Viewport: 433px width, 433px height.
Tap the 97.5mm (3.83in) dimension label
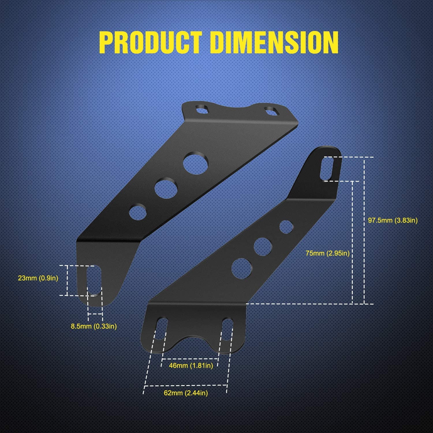[x=393, y=220]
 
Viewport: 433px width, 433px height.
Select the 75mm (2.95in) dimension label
[x=328, y=253]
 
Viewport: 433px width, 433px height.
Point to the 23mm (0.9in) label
[x=38, y=278]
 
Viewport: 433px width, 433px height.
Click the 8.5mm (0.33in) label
[x=94, y=326]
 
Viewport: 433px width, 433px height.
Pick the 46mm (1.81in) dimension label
[x=191, y=365]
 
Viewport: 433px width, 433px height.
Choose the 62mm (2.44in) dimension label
[x=186, y=393]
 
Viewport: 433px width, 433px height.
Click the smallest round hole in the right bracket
[x=286, y=227]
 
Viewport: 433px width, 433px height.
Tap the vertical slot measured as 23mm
[x=94, y=280]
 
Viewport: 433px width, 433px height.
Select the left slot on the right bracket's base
[x=161, y=329]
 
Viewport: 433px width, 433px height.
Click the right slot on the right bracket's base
[x=227, y=329]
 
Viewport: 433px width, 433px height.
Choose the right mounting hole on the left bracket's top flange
[x=271, y=111]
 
